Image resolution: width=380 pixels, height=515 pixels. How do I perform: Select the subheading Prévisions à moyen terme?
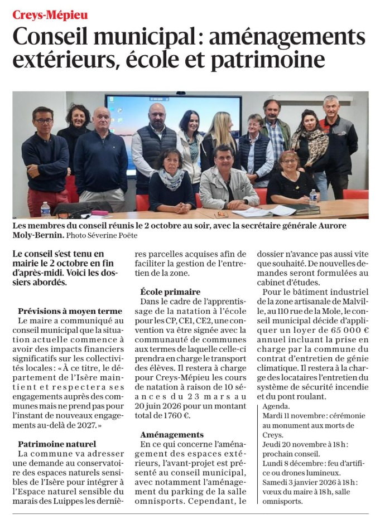tap(70, 311)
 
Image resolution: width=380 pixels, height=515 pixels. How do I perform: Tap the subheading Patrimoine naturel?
tap(57, 444)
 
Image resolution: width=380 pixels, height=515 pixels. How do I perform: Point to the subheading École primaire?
tap(170, 291)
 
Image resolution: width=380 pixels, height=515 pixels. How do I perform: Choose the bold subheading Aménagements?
tap(172, 434)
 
